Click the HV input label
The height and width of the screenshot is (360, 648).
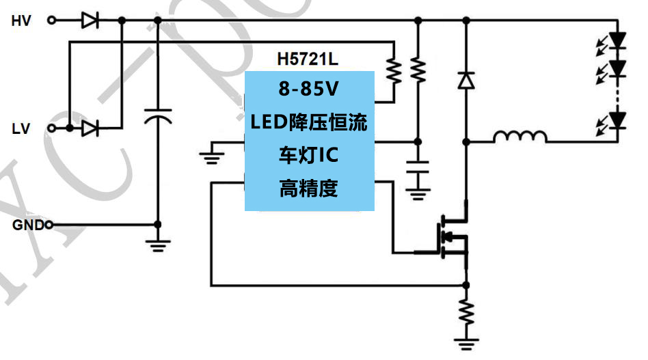pyautogui.click(x=21, y=20)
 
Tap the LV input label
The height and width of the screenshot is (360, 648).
pyautogui.click(x=21, y=128)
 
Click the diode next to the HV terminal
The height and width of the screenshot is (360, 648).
pyautogui.click(x=90, y=20)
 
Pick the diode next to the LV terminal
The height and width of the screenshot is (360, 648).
pyautogui.click(x=90, y=128)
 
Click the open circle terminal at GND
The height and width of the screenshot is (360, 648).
pyautogui.click(x=49, y=225)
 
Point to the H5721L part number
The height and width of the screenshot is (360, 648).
pyautogui.click(x=307, y=59)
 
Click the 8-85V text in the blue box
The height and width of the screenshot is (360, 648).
pyautogui.click(x=310, y=89)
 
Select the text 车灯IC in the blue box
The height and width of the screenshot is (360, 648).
pyautogui.click(x=310, y=155)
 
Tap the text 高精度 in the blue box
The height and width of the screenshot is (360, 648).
pyautogui.click(x=309, y=188)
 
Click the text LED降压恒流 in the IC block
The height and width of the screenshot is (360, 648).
pyautogui.click(x=309, y=123)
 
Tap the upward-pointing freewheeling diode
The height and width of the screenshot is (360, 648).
pyautogui.click(x=466, y=81)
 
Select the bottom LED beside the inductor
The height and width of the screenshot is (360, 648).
pyautogui.click(x=617, y=120)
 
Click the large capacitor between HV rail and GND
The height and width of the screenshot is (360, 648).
pyautogui.click(x=158, y=117)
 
